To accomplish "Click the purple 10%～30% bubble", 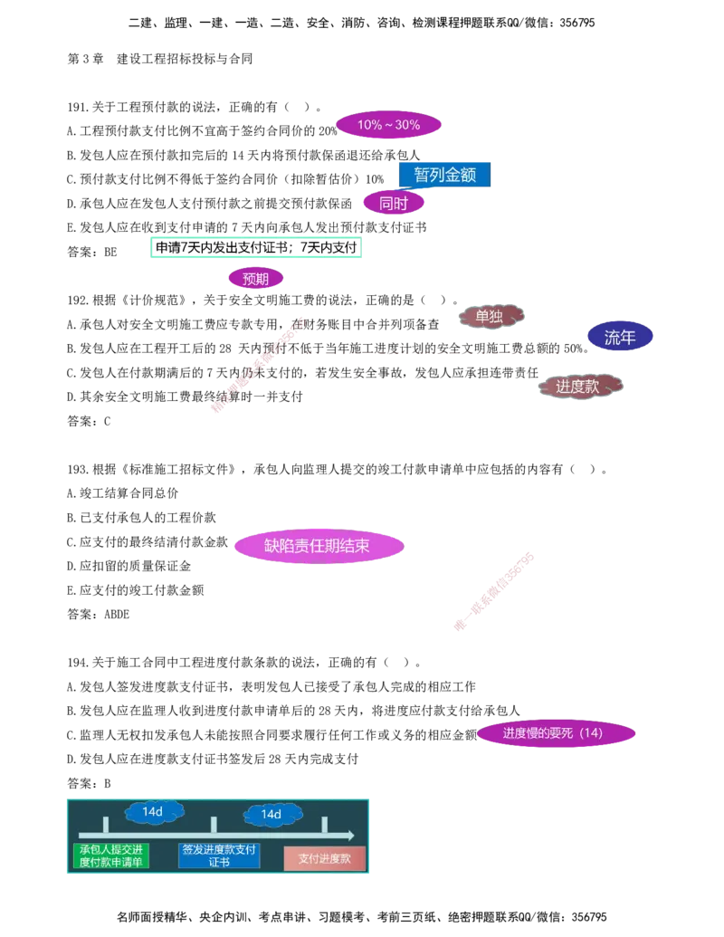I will pos(388,125).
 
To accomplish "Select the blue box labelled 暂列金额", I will pos(444,175).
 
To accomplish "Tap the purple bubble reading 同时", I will pos(394,204).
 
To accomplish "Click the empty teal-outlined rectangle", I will pos(253,246).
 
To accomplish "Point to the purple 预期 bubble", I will pos(255,279).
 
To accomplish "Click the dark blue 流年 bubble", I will pos(620,338).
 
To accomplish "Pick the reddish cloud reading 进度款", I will pos(580,386).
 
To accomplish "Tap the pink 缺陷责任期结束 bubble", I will pos(318,546).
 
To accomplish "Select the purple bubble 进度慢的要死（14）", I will pos(556,733).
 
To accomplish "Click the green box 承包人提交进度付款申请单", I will pos(110,856).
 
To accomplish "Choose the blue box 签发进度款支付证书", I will pos(219,856).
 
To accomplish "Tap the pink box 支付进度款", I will pos(324,858).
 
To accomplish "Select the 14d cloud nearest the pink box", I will pos(271,815).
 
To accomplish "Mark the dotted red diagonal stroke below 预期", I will pos(258,364).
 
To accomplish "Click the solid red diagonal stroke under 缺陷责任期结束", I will pos(494,590).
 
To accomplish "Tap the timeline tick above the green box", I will pos(106,825).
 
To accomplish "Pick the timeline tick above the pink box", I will pos(324,825).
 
